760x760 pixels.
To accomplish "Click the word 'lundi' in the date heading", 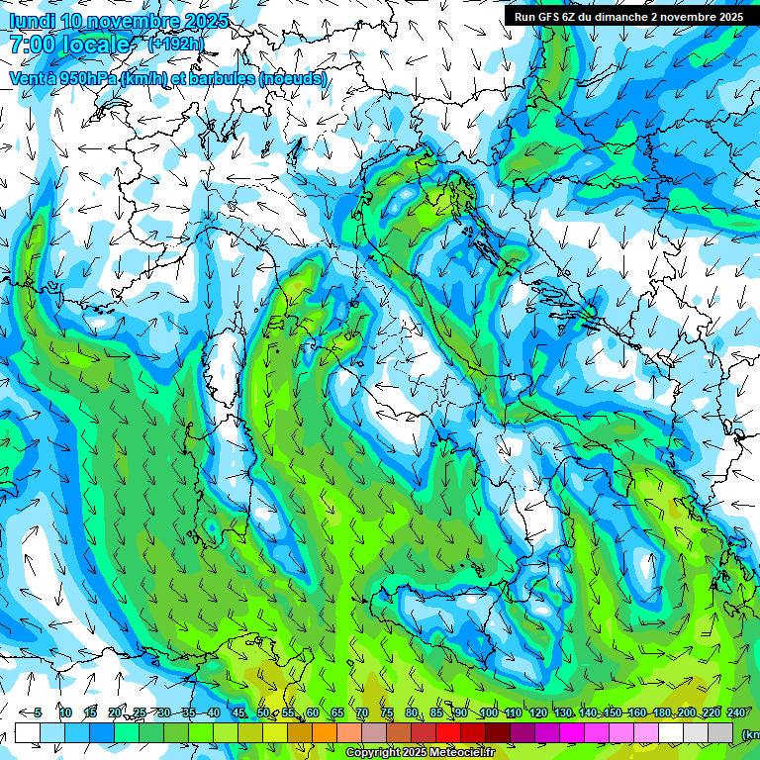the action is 30,21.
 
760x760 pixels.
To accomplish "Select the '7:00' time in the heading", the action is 31,45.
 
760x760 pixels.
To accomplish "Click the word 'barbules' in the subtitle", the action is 219,79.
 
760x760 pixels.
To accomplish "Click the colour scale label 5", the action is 38,713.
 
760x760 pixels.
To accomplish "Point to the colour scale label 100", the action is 488,713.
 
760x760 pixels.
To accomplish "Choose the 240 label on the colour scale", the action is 736,713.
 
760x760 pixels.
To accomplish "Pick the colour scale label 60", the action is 312,713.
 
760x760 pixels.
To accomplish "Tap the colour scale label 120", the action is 538,713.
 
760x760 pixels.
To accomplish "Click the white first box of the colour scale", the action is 28,732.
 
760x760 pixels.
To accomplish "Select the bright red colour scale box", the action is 448,732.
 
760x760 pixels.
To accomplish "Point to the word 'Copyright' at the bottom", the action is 377,753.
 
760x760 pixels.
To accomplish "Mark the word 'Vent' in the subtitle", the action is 27,79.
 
